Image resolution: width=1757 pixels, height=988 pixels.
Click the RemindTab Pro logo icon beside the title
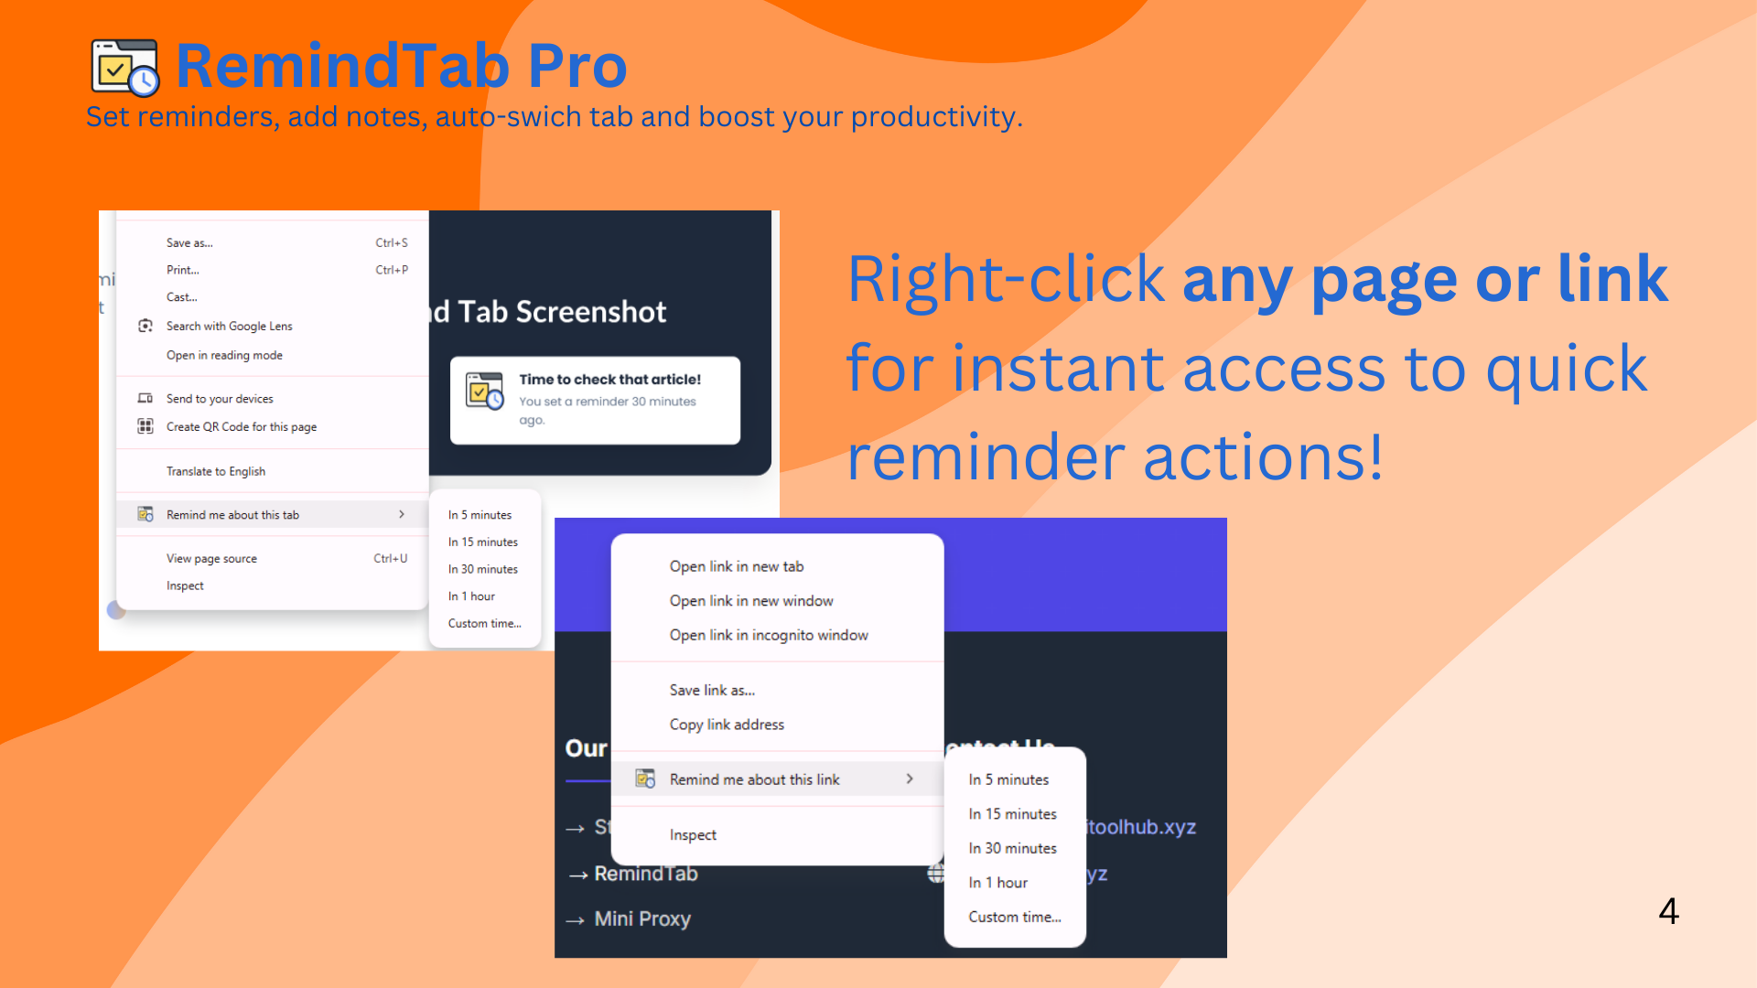tap(125, 68)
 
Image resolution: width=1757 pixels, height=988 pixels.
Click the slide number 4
tap(1668, 911)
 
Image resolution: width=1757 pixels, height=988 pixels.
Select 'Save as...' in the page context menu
tap(189, 243)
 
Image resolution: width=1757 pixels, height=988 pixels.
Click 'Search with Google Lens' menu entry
tap(229, 327)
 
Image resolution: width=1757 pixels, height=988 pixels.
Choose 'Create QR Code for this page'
tap(241, 427)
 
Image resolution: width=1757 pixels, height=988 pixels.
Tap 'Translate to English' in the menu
tap(216, 472)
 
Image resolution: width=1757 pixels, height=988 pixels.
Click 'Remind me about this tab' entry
tap(232, 515)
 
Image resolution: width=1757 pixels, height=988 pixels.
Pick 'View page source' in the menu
tap(211, 559)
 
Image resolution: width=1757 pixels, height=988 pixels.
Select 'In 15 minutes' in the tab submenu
tap(482, 542)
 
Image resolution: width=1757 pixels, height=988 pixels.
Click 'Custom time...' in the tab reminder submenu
tap(484, 624)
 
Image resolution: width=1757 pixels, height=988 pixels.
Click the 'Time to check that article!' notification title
tap(609, 380)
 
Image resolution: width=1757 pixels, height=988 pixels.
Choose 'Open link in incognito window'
tap(769, 635)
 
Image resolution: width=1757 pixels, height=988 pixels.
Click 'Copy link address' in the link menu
tap(727, 725)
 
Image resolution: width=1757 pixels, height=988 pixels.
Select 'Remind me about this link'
tap(754, 779)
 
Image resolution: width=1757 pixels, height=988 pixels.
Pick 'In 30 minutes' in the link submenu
tap(1012, 849)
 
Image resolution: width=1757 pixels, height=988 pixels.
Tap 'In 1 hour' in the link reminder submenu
tap(997, 883)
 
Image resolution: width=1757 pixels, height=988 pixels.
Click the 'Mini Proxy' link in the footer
tap(641, 918)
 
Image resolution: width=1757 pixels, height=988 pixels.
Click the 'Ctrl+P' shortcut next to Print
tap(392, 271)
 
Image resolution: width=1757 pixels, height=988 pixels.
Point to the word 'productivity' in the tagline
tap(932, 117)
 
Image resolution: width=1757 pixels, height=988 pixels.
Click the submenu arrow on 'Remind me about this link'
tap(910, 779)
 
